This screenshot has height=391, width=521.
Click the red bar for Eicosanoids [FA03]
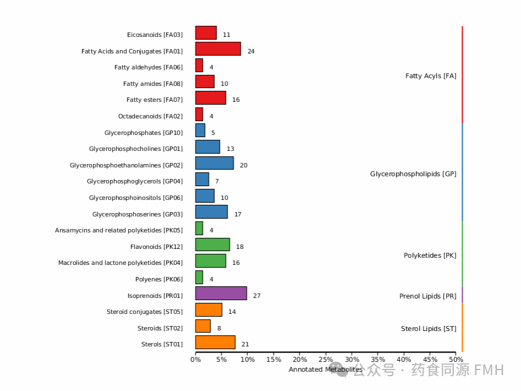pyautogui.click(x=206, y=33)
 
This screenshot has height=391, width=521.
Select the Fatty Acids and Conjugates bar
pyautogui.click(x=218, y=49)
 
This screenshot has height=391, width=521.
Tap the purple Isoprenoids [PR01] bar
pyautogui.click(x=221, y=294)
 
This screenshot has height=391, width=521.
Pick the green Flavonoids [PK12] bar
pyautogui.click(x=213, y=245)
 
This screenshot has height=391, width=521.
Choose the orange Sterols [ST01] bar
pyautogui.click(x=215, y=343)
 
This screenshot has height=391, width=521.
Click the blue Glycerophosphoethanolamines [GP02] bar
pyautogui.click(x=214, y=163)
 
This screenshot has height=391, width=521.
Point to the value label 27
pyautogui.click(x=257, y=296)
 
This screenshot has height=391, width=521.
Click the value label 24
pyautogui.click(x=251, y=51)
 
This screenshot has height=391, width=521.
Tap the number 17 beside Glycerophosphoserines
pyautogui.click(x=238, y=214)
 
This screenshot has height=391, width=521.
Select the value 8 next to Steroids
pyautogui.click(x=219, y=328)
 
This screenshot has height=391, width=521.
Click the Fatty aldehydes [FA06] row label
pyautogui.click(x=148, y=67)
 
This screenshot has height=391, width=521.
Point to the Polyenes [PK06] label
pyautogui.click(x=159, y=279)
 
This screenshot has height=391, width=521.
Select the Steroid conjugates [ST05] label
pyautogui.click(x=144, y=312)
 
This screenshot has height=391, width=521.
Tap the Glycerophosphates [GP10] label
pyautogui.click(x=143, y=133)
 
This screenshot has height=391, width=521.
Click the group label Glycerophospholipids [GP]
pyautogui.click(x=413, y=174)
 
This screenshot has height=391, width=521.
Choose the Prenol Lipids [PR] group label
pyautogui.click(x=427, y=296)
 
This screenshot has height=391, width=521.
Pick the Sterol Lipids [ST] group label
pyautogui.click(x=428, y=329)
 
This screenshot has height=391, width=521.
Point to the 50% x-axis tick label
pyautogui.click(x=455, y=360)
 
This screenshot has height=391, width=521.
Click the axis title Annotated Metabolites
pyautogui.click(x=325, y=370)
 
